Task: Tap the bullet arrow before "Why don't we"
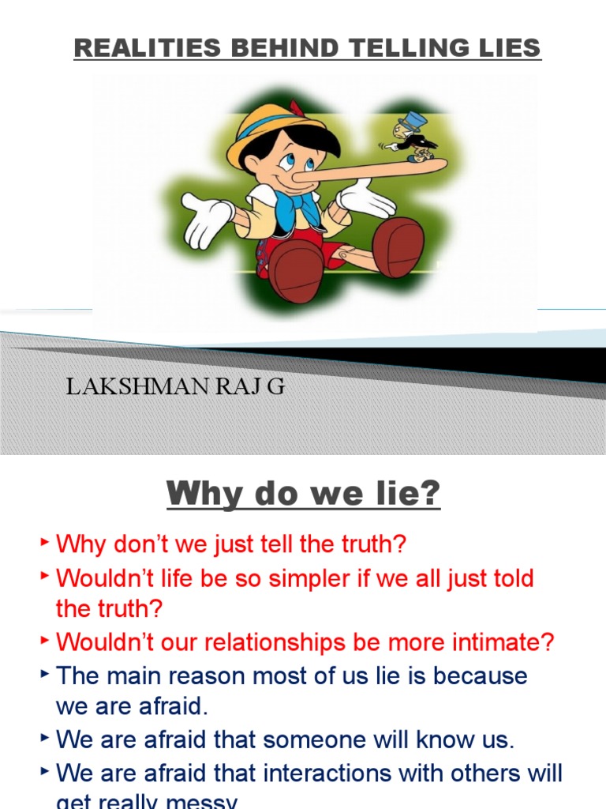[x=45, y=541]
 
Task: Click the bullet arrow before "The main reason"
[x=45, y=672]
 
